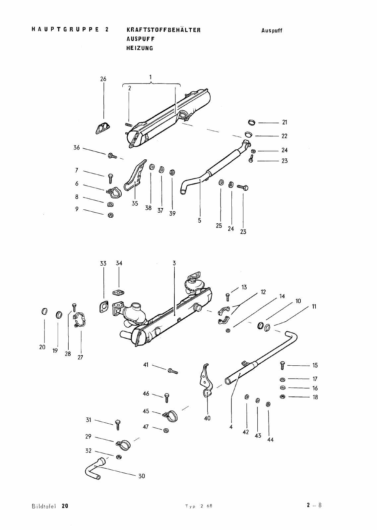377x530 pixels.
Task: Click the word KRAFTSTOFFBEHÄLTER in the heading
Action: (163, 30)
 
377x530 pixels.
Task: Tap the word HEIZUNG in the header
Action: (140, 48)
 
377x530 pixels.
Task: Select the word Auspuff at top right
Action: (272, 30)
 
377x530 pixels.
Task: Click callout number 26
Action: (103, 79)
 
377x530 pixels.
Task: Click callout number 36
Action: (77, 148)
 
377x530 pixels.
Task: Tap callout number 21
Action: (284, 122)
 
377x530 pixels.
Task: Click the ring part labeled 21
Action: (252, 122)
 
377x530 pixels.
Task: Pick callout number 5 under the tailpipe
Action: (200, 221)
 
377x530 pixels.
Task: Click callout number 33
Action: (103, 264)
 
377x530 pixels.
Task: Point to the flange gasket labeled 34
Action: (118, 293)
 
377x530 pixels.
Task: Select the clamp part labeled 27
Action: (80, 319)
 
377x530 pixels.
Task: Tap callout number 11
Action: (314, 307)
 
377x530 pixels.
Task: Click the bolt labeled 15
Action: (282, 366)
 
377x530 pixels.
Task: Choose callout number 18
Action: (315, 397)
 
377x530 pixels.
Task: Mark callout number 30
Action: (142, 476)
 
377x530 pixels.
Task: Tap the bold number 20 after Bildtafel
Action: (65, 506)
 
